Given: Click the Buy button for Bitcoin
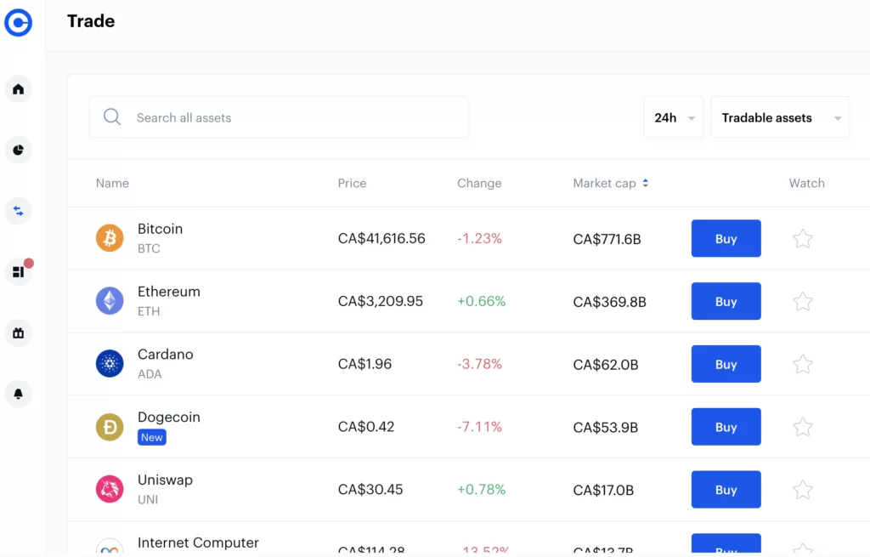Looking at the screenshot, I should [726, 239].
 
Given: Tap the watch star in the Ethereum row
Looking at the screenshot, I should [802, 302].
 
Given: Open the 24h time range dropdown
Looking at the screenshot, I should [673, 117].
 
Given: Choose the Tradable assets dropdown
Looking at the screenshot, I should [779, 117].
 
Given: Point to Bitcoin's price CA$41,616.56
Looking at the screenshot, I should [381, 239].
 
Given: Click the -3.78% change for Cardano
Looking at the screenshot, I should [479, 364].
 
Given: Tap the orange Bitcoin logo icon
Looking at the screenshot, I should [110, 239].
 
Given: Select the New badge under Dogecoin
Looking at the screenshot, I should [152, 437].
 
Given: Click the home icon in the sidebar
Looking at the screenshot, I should [18, 89].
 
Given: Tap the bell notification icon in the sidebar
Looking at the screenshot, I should [18, 394].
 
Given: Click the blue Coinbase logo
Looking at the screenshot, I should [18, 22].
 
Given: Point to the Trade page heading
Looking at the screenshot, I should [91, 21].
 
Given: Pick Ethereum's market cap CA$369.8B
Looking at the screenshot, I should [609, 302].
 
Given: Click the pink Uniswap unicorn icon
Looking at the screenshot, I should [110, 490].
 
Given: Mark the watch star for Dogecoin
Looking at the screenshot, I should [802, 427].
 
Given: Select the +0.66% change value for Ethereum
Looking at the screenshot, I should [481, 301].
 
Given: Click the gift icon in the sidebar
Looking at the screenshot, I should [18, 333].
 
